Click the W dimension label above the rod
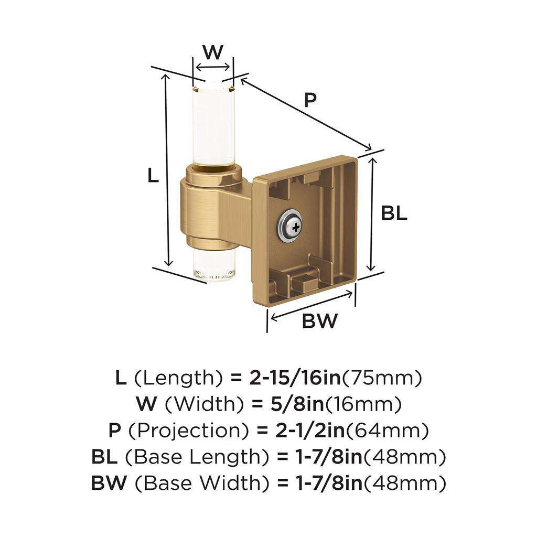click(x=212, y=52)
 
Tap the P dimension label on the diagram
click(x=310, y=100)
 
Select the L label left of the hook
click(x=153, y=175)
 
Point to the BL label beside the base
click(x=394, y=213)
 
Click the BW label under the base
click(x=319, y=320)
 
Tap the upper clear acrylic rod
click(x=212, y=126)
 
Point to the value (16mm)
click(x=368, y=404)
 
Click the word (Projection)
click(x=188, y=431)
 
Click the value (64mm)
click(x=388, y=431)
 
